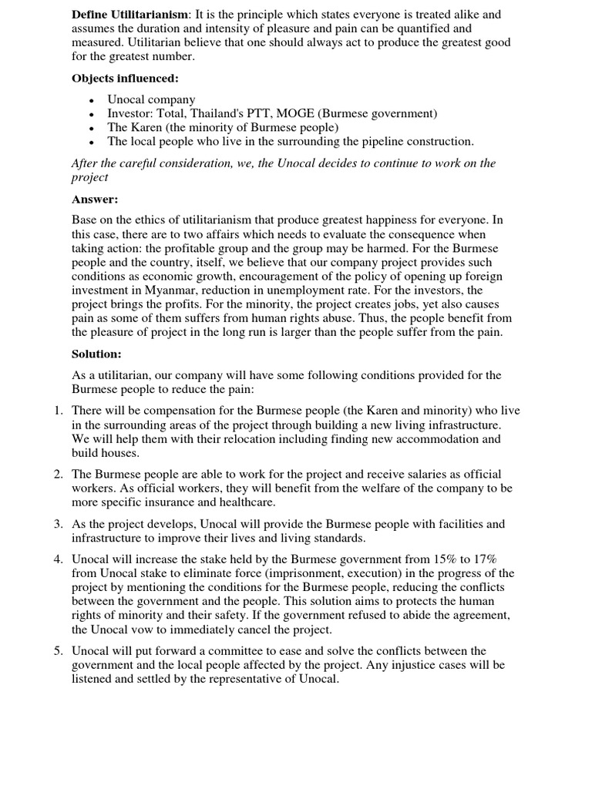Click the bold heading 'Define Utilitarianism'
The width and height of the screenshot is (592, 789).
129,15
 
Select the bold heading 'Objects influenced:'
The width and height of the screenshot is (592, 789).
115,78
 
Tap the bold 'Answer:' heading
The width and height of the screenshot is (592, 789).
95,199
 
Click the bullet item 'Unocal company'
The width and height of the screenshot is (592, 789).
151,99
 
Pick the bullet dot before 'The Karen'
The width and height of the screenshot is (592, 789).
92,128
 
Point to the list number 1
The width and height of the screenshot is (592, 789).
59,411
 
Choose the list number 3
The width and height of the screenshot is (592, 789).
59,524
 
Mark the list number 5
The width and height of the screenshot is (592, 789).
59,651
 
